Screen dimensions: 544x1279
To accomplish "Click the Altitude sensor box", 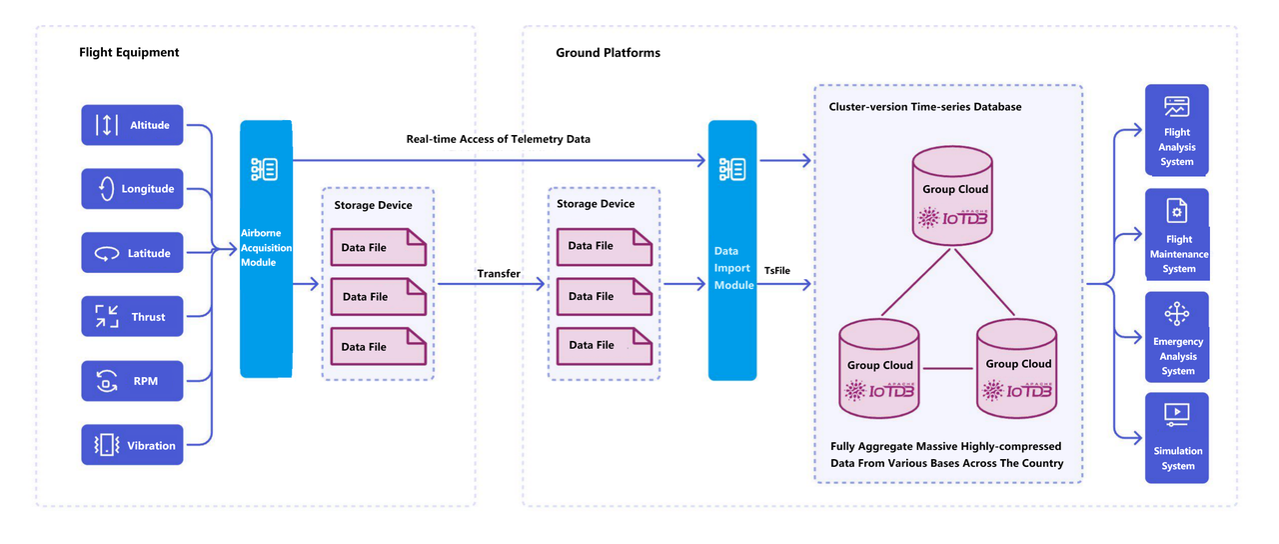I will pyautogui.click(x=132, y=125).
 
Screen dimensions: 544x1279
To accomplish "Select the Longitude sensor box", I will pyautogui.click(x=132, y=189).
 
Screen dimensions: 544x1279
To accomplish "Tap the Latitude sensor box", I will pyautogui.click(x=132, y=253).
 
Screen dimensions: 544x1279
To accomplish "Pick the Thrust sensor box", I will pyautogui.click(x=132, y=317).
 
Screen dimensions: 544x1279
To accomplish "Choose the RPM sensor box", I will pyautogui.click(x=132, y=381).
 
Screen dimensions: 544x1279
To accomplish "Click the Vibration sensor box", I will pyautogui.click(x=132, y=445).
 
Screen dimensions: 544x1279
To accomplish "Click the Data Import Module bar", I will pyautogui.click(x=732, y=251).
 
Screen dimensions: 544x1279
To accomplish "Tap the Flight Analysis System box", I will pyautogui.click(x=1177, y=130).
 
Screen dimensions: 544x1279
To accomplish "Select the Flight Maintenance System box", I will pyautogui.click(x=1177, y=236).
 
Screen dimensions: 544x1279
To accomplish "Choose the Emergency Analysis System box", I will pyautogui.click(x=1177, y=337).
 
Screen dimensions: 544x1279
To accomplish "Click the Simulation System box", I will pyautogui.click(x=1177, y=438).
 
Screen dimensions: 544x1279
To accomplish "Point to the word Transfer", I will pyautogui.click(x=499, y=274).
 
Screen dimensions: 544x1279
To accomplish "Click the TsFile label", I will pyautogui.click(x=777, y=271).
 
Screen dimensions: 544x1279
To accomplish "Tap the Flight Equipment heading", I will pyautogui.click(x=129, y=52).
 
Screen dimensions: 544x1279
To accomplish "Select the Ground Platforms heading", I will pyautogui.click(x=608, y=52).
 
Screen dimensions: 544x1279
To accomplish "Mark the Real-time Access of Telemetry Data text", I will pyautogui.click(x=498, y=139).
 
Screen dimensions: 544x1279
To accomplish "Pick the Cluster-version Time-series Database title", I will pyautogui.click(x=925, y=107).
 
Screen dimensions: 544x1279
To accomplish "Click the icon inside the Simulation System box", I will pyautogui.click(x=1177, y=413).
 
